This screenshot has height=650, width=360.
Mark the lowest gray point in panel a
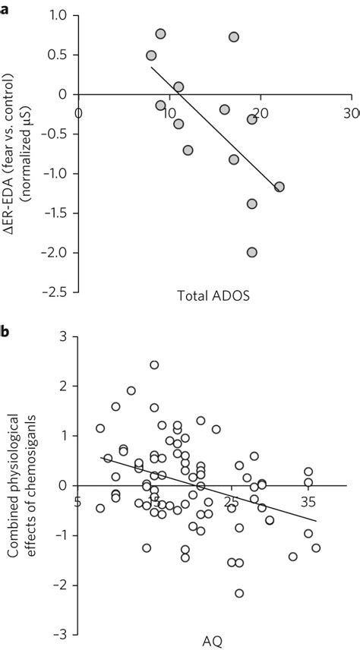pyautogui.click(x=251, y=252)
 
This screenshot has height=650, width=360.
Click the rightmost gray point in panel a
pyautogui.click(x=279, y=187)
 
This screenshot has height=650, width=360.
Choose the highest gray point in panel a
pyautogui.click(x=160, y=34)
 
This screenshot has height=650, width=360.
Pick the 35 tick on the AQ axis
pyautogui.click(x=308, y=501)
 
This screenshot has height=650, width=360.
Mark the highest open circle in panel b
pyautogui.click(x=154, y=365)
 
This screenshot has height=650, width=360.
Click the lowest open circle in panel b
pyautogui.click(x=239, y=593)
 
